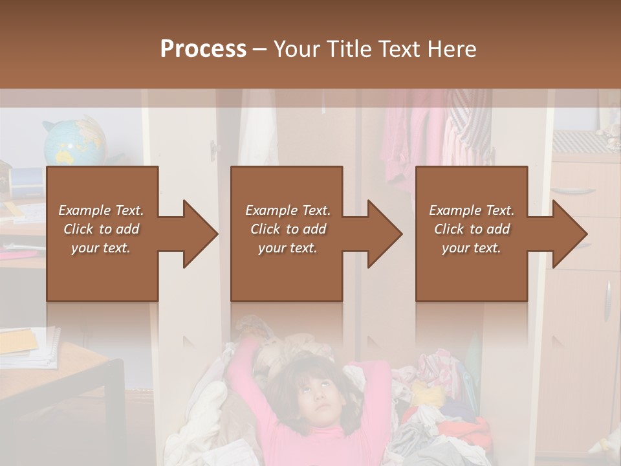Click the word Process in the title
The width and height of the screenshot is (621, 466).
[203, 49]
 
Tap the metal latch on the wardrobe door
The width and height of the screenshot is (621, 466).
[214, 151]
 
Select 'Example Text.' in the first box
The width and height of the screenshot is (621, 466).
[101, 210]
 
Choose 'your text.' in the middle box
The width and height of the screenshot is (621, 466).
[287, 248]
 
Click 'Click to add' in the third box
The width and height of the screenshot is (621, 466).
[472, 229]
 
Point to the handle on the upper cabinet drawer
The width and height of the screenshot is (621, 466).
[572, 190]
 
